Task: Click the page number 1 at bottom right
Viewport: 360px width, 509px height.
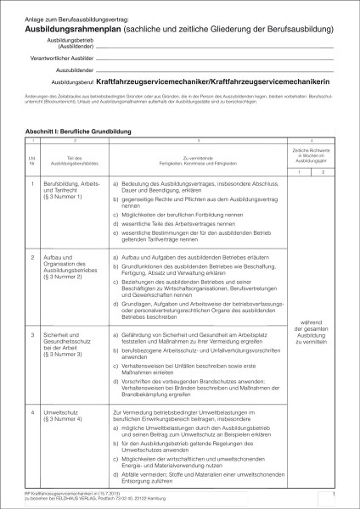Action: [x=335, y=493]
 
